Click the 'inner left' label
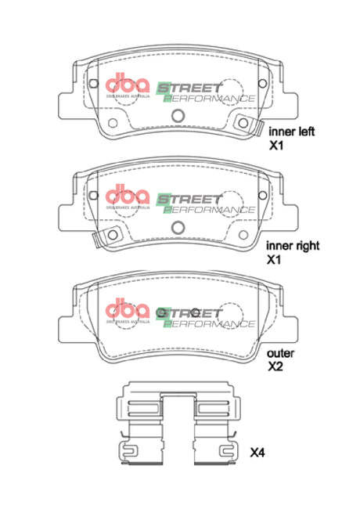click(x=291, y=132)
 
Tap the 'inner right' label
click(x=293, y=245)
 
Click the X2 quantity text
click(x=276, y=366)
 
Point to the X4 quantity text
click(x=258, y=453)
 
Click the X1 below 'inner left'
click(x=276, y=146)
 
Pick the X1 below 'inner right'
click(x=274, y=258)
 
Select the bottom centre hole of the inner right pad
click(x=178, y=227)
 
